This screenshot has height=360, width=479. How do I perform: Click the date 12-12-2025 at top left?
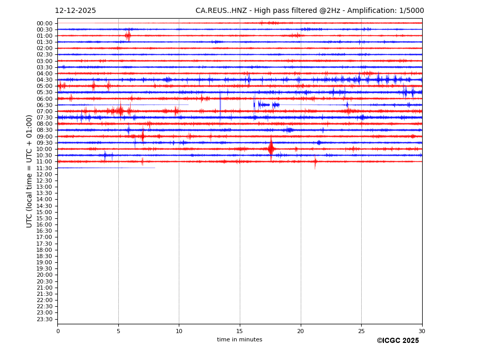point(75,11)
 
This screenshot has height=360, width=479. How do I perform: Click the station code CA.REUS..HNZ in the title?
point(221,11)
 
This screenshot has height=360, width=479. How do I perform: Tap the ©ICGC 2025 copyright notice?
point(397,341)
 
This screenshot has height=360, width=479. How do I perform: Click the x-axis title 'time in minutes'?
point(239,340)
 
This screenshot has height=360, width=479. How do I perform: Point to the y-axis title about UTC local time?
point(30,171)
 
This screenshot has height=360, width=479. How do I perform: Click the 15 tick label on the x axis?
point(240,331)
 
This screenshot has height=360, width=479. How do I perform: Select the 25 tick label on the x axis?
point(361,331)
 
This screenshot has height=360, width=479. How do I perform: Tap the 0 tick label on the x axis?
point(58,331)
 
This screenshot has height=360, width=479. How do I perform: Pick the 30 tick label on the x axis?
point(422,331)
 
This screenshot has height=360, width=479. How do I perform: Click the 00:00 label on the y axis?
point(44,23)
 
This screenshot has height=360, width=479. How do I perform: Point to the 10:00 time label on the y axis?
point(44,149)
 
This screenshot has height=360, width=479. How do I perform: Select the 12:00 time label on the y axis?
point(44,174)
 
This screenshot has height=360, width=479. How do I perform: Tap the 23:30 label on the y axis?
point(44,319)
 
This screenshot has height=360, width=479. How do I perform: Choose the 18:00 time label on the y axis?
point(44,250)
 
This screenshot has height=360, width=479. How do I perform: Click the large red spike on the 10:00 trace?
point(271,149)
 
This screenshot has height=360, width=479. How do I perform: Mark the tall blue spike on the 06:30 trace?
point(220,105)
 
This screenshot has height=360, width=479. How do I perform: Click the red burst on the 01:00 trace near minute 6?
point(128,36)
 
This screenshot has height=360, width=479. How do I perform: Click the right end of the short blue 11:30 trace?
point(154,168)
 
